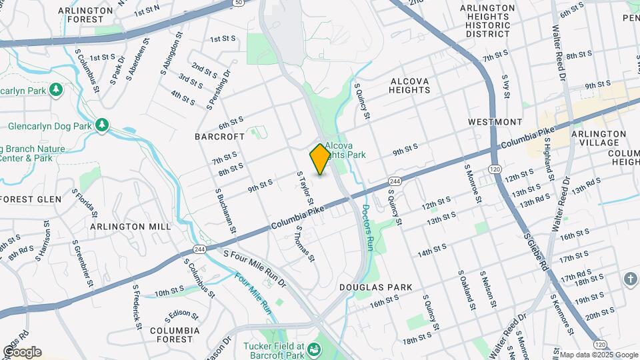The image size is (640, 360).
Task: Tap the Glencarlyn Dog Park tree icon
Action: pos(102,125)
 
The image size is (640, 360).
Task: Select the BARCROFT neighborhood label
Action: pos(220,136)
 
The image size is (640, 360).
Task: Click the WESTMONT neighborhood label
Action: pos(495,122)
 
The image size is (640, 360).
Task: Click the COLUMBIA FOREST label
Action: pos(175,335)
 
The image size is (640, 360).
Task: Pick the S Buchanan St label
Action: pos(225,211)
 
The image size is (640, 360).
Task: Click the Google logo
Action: pos(22,352)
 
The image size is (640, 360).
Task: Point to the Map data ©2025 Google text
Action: pos(599,355)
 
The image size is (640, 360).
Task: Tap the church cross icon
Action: pos(631,279)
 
